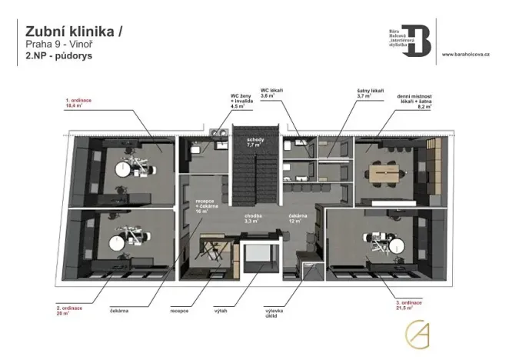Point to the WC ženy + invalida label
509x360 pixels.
click(242, 102)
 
